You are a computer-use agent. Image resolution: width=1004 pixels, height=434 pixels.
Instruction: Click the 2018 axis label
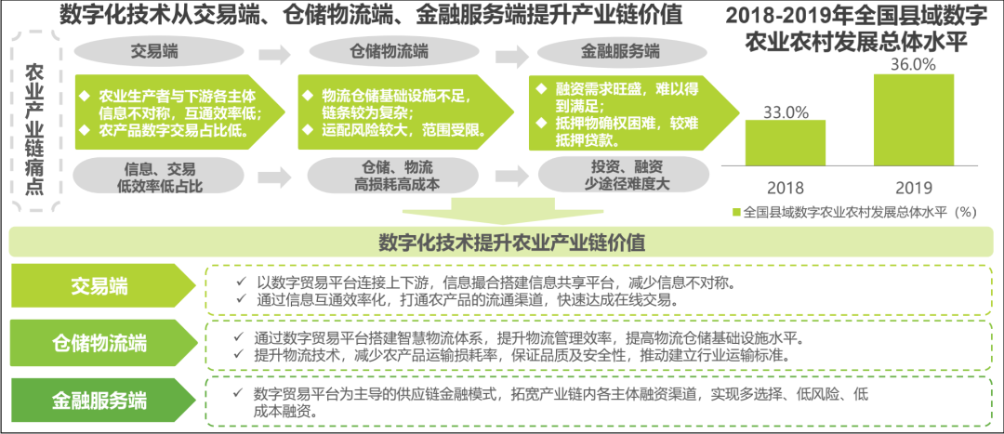(786, 186)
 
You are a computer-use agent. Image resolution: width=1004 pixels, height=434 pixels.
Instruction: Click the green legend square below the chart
(737, 212)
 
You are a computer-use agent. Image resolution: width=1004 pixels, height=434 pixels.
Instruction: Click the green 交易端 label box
(99, 286)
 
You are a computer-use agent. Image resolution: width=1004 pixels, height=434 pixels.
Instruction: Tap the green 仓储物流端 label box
(99, 343)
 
